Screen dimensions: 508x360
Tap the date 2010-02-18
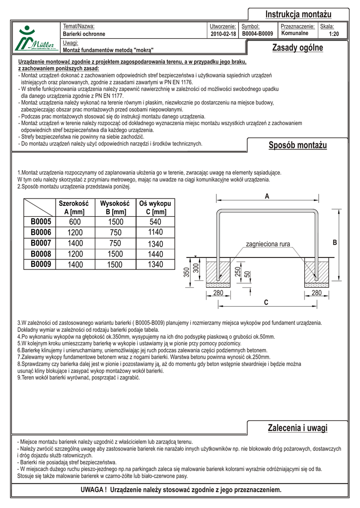[x=223, y=34]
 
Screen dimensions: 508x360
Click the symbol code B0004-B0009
[x=258, y=34]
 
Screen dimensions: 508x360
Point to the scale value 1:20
[x=334, y=34]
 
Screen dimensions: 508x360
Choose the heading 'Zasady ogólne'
[x=297, y=48]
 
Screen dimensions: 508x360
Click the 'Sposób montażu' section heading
[x=298, y=145]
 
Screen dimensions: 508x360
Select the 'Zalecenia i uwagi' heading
[x=297, y=428]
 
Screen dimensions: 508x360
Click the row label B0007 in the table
[x=41, y=243]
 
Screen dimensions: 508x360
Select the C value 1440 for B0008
[x=155, y=254]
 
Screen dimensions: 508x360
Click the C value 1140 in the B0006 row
[x=155, y=232]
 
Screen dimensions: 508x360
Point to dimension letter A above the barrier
[x=267, y=196]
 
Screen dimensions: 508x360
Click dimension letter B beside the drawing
[x=335, y=243]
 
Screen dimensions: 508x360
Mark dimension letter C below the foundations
[x=267, y=302]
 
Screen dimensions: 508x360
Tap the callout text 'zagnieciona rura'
[x=268, y=244]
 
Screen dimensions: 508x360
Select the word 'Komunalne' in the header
[x=295, y=34]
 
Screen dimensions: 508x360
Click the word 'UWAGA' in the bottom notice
[x=92, y=490]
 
